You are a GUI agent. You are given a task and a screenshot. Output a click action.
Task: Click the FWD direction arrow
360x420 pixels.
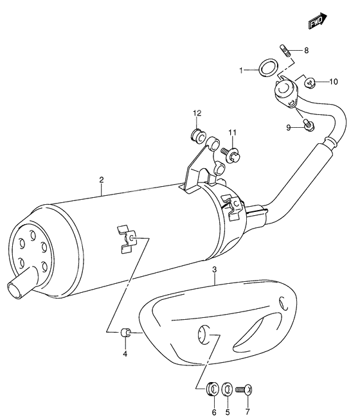click(318, 21)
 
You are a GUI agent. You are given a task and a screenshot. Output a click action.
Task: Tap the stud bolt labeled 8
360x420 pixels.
click(285, 50)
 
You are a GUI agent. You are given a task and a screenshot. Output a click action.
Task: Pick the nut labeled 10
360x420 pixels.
click(310, 82)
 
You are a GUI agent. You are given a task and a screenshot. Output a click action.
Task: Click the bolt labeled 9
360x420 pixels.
click(309, 126)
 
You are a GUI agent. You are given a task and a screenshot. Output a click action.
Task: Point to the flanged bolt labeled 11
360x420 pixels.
click(231, 155)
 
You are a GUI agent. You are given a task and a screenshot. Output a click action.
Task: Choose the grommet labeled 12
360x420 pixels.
click(198, 136)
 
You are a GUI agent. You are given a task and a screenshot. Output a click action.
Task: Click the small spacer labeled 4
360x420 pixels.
click(125, 333)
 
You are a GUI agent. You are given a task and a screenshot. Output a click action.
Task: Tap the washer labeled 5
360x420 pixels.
click(228, 389)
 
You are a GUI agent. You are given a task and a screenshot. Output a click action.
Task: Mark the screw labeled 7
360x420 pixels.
click(244, 389)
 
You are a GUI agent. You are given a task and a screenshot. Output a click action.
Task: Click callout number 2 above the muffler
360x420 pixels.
click(102, 180)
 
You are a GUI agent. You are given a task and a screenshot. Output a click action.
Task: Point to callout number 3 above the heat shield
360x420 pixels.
click(215, 270)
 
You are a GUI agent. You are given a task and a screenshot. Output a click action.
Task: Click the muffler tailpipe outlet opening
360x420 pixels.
click(15, 290)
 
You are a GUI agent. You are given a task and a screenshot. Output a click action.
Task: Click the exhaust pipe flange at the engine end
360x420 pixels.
click(285, 92)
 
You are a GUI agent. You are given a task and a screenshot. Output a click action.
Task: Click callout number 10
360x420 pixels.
click(333, 82)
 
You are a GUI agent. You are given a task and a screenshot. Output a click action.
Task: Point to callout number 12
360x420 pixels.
click(197, 113)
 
